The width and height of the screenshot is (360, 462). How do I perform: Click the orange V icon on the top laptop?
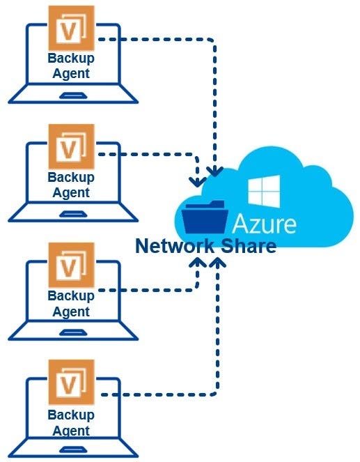coord(72,28)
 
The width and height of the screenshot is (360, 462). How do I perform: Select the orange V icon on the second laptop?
coord(72,146)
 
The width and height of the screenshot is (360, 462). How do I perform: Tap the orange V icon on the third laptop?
coord(72,265)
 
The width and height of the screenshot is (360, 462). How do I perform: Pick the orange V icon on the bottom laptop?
coord(72,382)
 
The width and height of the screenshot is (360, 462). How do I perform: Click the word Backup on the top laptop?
coord(71,59)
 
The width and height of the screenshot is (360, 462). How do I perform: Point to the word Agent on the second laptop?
coord(71,193)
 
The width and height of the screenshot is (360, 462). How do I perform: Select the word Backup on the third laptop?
coord(71,296)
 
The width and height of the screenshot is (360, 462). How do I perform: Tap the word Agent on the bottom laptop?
coord(71,431)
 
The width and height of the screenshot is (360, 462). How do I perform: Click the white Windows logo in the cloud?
coord(264,191)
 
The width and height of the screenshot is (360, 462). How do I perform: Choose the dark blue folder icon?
coord(205,217)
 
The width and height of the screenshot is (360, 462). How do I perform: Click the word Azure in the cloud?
coord(265,224)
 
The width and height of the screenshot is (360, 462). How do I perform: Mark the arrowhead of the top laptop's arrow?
coord(215,171)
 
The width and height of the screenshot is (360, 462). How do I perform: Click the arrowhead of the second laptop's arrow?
coord(198,182)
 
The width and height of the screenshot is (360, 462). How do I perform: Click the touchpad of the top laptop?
coord(73,95)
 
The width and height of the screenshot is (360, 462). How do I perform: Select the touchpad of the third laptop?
coord(73,332)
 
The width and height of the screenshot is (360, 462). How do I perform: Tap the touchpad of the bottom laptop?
coord(73,449)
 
